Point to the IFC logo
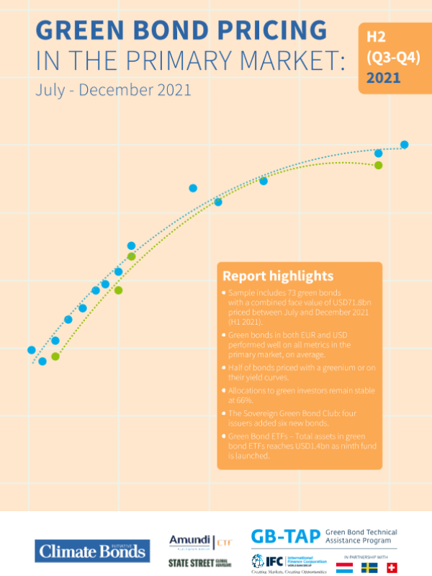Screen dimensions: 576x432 [264, 560]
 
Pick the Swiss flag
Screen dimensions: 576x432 [395, 567]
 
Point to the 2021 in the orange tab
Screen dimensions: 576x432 [384, 78]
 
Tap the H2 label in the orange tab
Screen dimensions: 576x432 [376, 35]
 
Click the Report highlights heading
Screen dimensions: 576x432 [278, 276]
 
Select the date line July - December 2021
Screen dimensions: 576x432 [113, 91]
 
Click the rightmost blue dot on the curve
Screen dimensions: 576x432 [405, 145]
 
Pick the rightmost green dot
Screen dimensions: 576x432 [378, 165]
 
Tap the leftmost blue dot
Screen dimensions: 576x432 [31, 350]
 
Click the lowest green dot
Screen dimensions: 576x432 [55, 356]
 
